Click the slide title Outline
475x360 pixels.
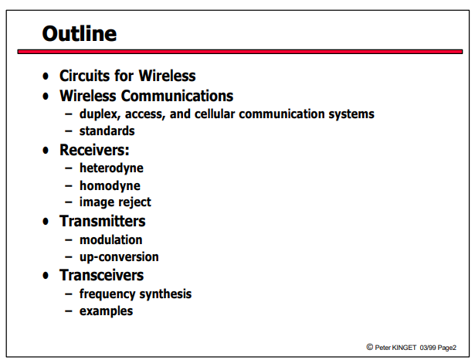click(x=80, y=33)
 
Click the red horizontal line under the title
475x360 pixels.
click(x=240, y=52)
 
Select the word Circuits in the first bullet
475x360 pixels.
click(x=85, y=76)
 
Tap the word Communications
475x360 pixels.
click(x=177, y=96)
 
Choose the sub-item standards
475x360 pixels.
click(x=107, y=131)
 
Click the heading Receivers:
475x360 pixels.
click(x=94, y=150)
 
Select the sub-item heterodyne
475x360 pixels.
click(x=111, y=168)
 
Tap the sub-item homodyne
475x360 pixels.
click(x=110, y=185)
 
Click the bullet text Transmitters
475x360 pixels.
click(x=103, y=221)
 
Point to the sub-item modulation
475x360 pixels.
click(x=110, y=240)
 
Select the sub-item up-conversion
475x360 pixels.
click(x=119, y=257)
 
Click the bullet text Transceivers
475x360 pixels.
click(x=101, y=276)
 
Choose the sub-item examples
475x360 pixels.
click(x=106, y=311)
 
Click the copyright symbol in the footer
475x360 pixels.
click(x=370, y=347)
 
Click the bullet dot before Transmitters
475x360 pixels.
click(x=46, y=222)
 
